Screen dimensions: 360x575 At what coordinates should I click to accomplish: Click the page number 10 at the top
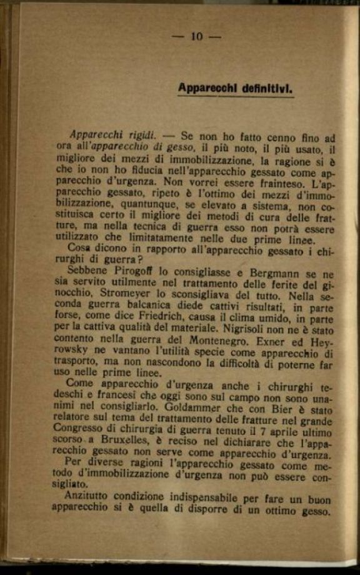[196, 37]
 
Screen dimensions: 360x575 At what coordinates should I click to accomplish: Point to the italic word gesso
[181, 147]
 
